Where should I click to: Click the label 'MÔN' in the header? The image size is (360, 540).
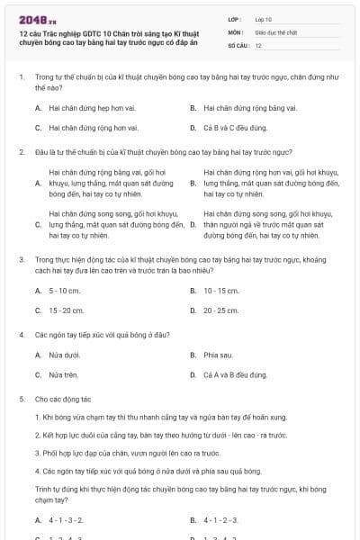[233, 31]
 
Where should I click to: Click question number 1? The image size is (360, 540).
[21, 77]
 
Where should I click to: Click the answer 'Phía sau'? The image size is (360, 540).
[219, 355]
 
